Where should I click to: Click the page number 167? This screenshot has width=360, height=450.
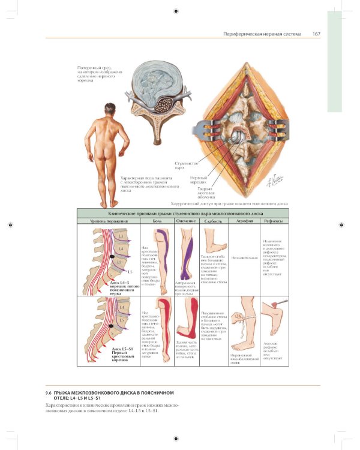click(x=316, y=34)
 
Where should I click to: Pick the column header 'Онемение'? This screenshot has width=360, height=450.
click(x=186, y=222)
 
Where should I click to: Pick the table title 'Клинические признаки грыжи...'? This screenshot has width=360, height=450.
click(x=182, y=213)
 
